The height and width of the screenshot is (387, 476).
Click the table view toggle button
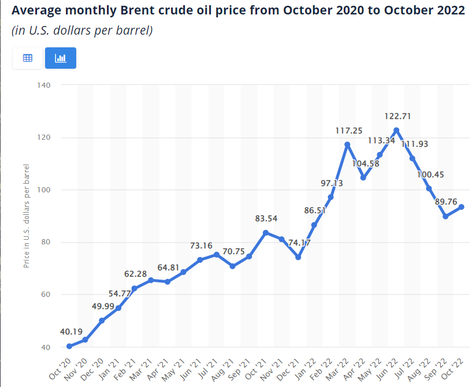[28, 58]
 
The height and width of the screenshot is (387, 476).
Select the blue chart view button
[61, 58]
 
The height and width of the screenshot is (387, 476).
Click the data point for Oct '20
[69, 346]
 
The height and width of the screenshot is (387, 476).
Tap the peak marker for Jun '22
[396, 130]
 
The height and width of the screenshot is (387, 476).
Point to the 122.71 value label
[397, 116]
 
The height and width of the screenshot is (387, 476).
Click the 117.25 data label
[348, 131]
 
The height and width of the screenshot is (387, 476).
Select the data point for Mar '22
[347, 144]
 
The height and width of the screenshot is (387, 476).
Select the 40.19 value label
[71, 332]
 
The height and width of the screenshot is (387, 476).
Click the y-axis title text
[27, 215]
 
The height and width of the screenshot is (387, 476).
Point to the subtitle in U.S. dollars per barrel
[82, 31]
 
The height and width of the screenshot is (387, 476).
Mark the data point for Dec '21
[298, 257]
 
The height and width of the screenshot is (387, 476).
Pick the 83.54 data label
[267, 218]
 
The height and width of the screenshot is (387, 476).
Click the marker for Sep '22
[445, 216]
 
